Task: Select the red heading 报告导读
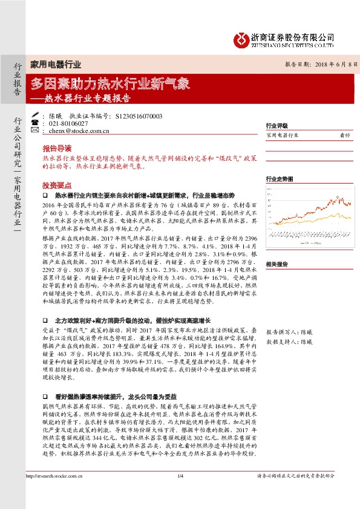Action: point(57,148)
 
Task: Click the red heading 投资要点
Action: point(57,186)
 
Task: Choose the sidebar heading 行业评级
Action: point(277,126)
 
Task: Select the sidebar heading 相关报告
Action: point(277,264)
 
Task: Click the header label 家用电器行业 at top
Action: point(55,65)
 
